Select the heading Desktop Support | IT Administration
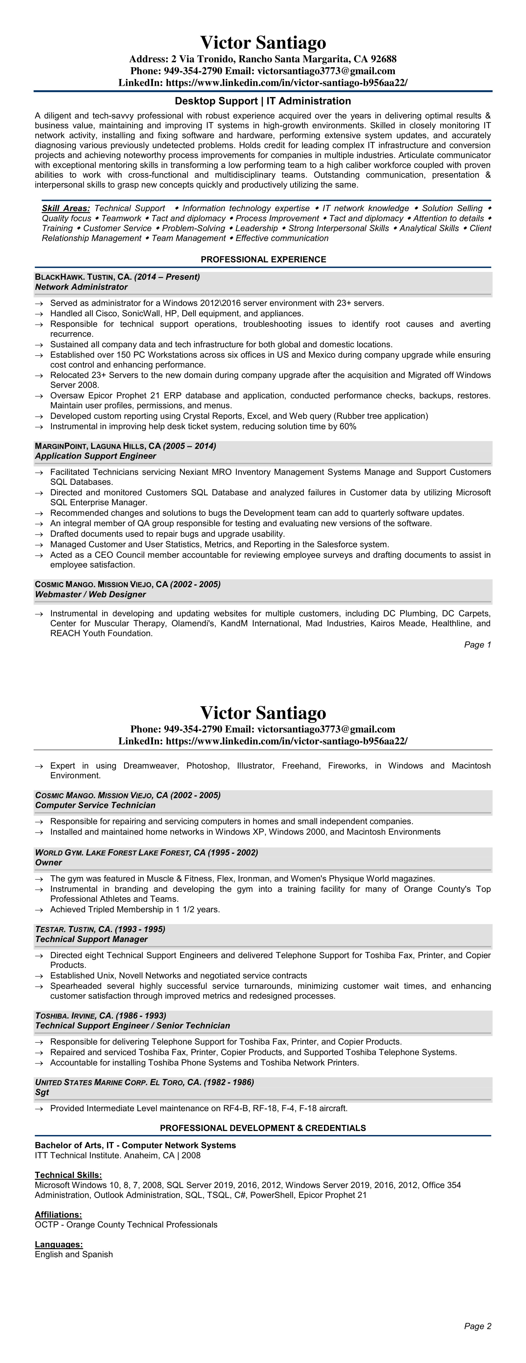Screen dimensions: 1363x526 263,101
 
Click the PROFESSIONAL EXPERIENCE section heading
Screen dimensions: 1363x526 263,259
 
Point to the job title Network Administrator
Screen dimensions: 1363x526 81,287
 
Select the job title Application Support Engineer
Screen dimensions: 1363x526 96,456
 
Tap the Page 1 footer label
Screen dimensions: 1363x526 477,644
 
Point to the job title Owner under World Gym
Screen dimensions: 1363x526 49,862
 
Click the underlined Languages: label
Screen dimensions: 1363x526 59,1244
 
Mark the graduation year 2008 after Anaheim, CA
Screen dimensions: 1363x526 191,1155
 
